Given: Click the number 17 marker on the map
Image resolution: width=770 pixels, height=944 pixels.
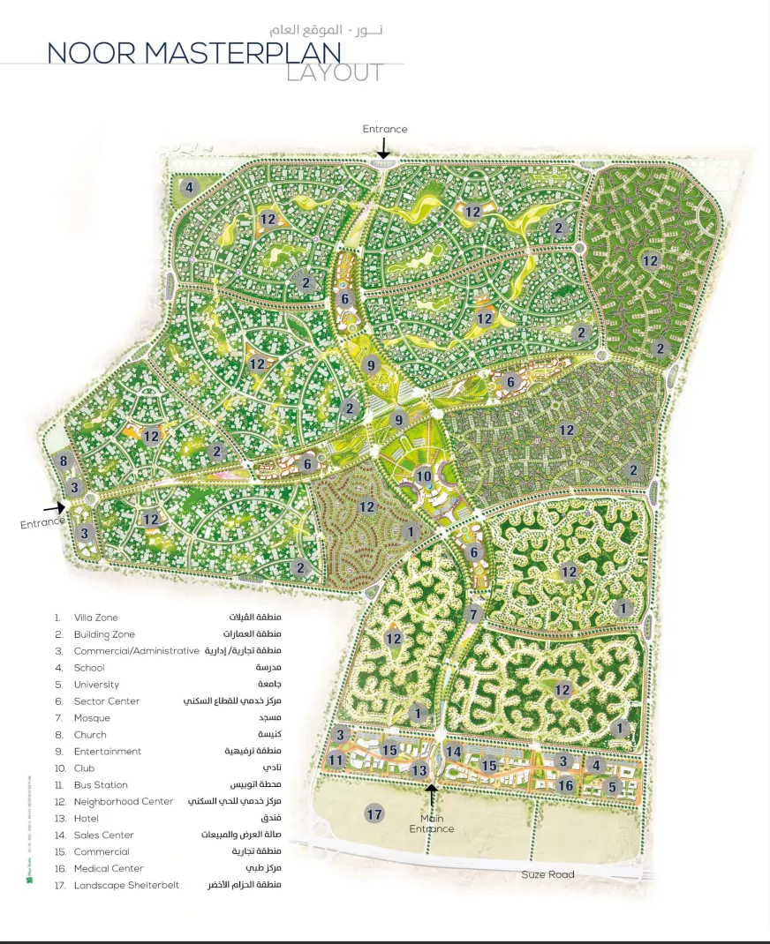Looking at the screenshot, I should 374,813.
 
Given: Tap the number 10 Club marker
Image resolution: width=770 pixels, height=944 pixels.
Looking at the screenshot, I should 424,476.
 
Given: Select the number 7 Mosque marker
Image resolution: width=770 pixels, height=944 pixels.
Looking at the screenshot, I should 473,614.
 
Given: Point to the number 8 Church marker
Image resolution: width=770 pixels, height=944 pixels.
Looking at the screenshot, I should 64,461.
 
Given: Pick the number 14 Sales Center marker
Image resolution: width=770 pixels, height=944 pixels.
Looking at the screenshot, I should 454,752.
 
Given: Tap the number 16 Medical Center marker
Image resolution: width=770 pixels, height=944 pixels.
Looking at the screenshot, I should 566,785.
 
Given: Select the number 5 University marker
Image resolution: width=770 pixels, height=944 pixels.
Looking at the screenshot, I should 614,786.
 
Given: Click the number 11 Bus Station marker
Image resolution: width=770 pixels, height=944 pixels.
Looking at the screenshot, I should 336,760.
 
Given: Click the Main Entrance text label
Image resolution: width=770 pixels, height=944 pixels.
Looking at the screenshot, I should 432,824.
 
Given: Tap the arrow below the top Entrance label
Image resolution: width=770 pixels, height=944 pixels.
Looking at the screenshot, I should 384,151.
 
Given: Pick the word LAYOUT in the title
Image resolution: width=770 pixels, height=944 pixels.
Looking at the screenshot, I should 335,72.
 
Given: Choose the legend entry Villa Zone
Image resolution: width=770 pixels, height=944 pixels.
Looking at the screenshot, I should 95,618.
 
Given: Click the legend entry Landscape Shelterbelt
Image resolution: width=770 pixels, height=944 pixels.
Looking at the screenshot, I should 126,885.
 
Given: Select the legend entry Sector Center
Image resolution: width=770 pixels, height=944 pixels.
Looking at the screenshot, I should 107,701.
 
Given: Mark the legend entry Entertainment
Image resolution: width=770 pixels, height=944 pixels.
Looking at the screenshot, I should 108,752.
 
